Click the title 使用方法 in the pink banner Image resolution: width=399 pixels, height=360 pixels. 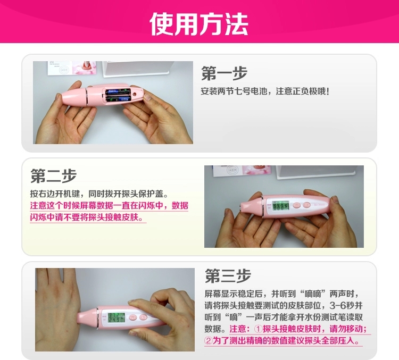[198, 23]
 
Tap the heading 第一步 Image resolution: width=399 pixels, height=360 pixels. [224, 73]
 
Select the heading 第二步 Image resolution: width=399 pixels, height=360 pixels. [53, 175]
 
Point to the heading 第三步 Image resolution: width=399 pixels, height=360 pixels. [228, 275]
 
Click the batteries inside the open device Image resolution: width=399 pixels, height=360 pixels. [118, 95]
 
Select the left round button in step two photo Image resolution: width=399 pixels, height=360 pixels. [296, 205]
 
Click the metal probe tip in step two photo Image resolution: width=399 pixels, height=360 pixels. [241, 204]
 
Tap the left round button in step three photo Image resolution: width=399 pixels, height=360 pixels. [133, 317]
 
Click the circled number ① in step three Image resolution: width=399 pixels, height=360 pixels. [258, 329]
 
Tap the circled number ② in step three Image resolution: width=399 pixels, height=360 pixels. [209, 341]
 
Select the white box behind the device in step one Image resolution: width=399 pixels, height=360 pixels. [135, 68]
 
